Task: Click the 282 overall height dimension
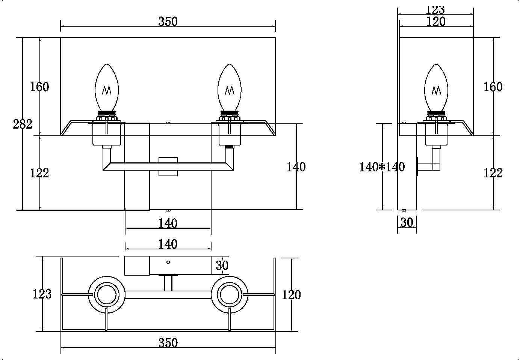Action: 23,124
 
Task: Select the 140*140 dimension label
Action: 382,167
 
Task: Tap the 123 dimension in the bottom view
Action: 42,294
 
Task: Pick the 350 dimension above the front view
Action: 168,22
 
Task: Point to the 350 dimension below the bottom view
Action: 168,343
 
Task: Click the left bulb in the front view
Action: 107,88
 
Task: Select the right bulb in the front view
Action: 230,88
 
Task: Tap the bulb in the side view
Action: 436,88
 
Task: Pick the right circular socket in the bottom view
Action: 230,295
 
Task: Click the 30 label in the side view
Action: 407,223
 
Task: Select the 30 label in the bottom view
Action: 222,265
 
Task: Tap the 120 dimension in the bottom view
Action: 291,295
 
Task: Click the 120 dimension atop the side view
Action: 436,22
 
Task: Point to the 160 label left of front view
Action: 39,87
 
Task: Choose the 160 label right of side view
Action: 493,87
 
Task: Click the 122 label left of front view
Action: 39,173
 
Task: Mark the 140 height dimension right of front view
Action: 296,167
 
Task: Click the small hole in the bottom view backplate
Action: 168,262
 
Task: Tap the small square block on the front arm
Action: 168,166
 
